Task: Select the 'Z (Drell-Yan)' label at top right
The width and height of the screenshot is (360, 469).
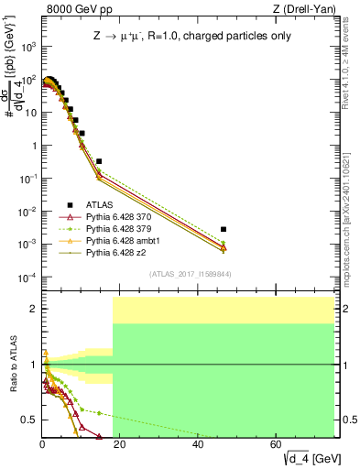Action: [309, 9]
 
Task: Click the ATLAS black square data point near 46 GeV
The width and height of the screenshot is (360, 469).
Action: [224, 229]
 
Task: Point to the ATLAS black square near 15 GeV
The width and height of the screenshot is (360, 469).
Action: [99, 161]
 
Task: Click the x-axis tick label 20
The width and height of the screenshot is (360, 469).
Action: [120, 444]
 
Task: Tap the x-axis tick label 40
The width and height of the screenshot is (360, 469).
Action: [198, 444]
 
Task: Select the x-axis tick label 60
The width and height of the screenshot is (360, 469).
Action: [277, 444]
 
